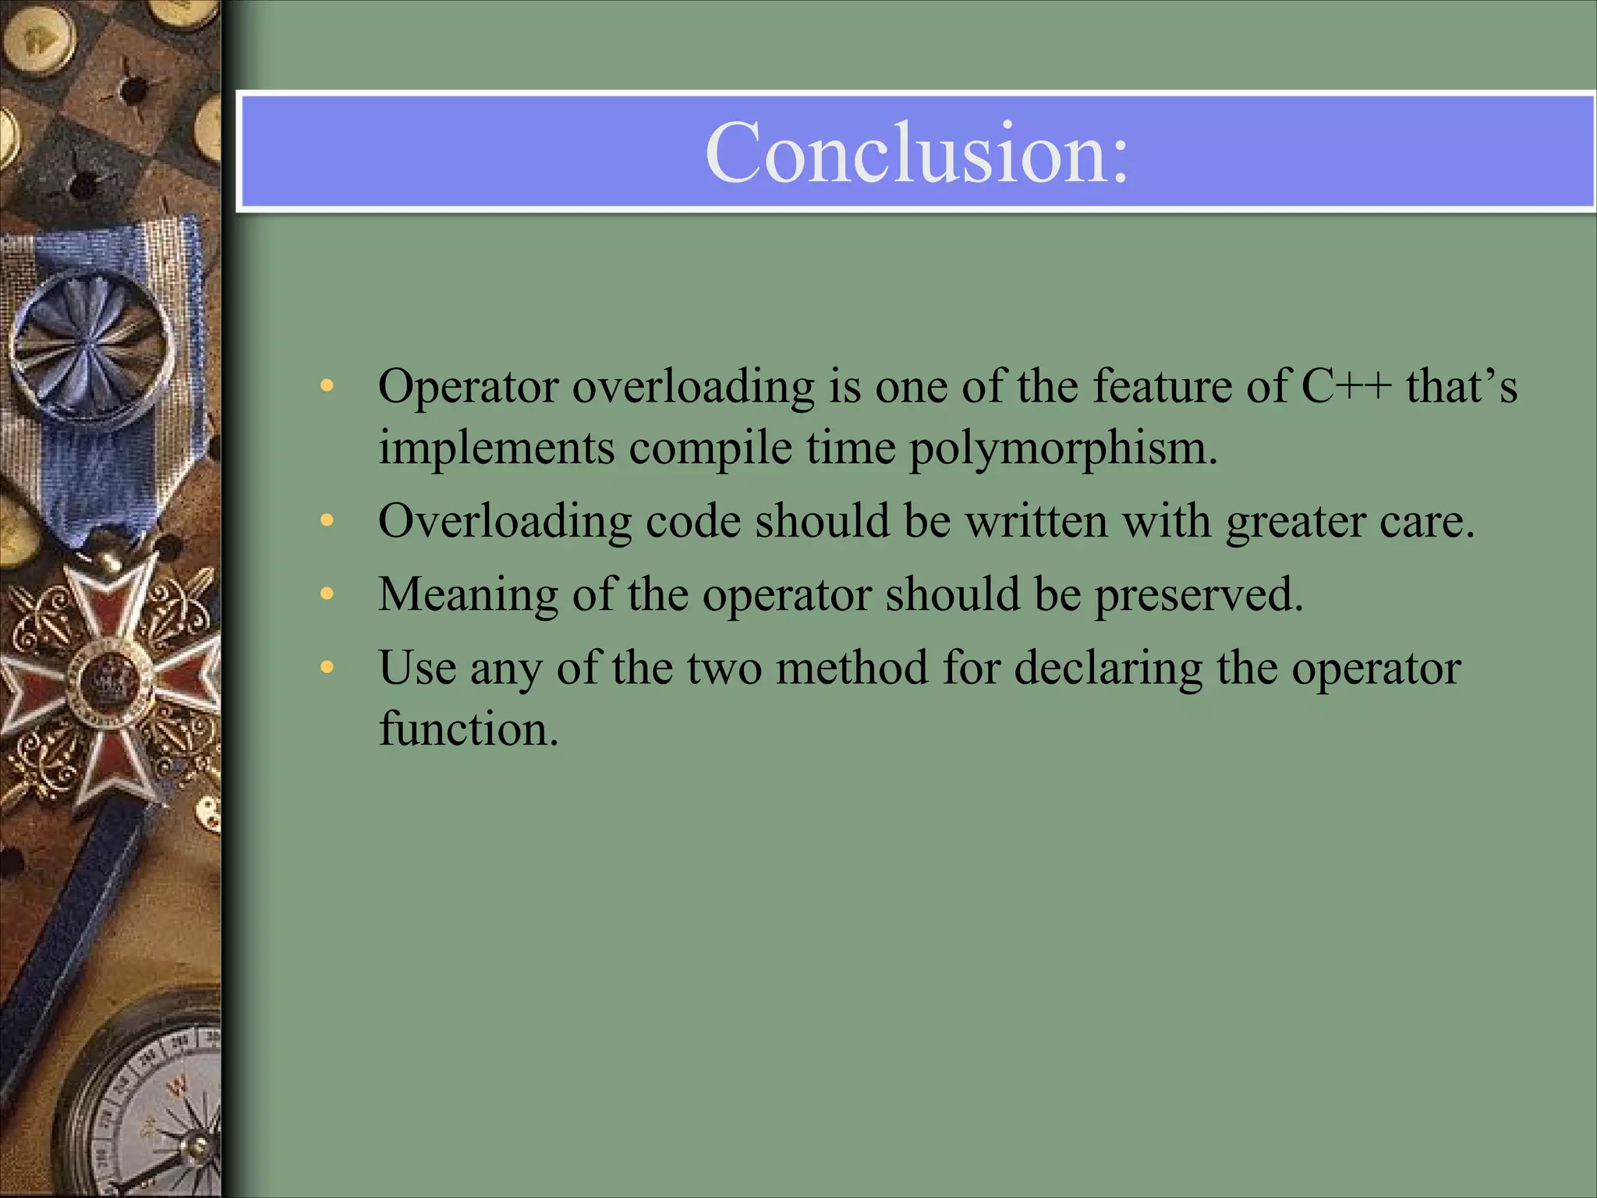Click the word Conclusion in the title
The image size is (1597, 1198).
click(x=916, y=153)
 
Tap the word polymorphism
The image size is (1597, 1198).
click(x=1062, y=448)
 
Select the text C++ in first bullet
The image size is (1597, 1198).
click(x=1346, y=386)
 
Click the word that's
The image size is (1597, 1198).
click(x=1461, y=386)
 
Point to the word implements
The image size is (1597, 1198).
click(x=497, y=448)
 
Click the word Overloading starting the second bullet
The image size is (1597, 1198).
click(x=505, y=522)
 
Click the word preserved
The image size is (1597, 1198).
click(x=1199, y=594)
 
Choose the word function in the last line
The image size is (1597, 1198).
click(x=469, y=729)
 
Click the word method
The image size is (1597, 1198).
click(x=852, y=668)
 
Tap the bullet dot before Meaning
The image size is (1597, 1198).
click(x=327, y=594)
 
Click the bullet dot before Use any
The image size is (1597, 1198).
click(x=327, y=668)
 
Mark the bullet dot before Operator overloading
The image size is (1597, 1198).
click(x=327, y=385)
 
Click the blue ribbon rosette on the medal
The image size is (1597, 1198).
click(x=92, y=341)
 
